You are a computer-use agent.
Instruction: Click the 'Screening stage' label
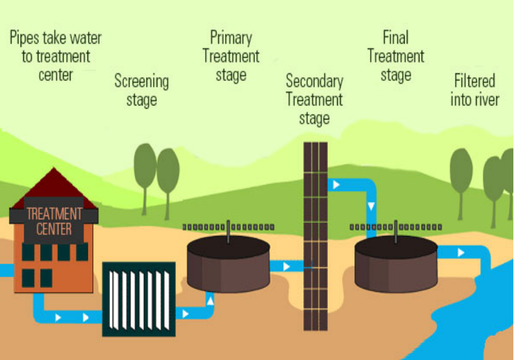(x=141, y=91)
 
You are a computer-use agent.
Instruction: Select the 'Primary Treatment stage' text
(x=231, y=56)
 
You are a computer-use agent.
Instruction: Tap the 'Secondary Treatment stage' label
(x=314, y=100)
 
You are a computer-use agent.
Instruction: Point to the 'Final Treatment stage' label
(x=396, y=56)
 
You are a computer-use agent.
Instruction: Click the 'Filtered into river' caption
(x=475, y=91)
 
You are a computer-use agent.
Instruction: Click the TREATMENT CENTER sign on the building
(x=54, y=221)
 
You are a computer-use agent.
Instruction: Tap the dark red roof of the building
(x=55, y=190)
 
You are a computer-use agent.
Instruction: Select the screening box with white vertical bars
(x=139, y=299)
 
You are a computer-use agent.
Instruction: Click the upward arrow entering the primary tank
(x=210, y=298)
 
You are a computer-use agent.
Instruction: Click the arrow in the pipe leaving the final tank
(x=460, y=253)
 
